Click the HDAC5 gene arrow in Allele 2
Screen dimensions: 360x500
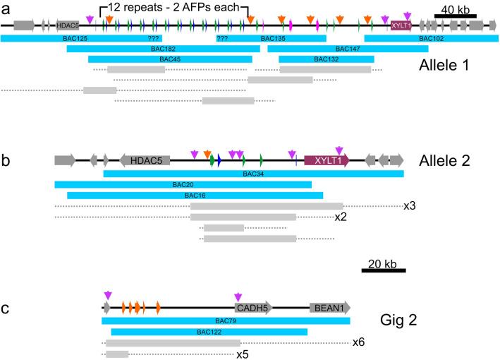[x=146, y=161]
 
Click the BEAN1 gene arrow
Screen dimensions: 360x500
[x=329, y=308]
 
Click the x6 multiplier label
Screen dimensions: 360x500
[x=359, y=343]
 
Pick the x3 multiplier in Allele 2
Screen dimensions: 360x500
[x=410, y=206]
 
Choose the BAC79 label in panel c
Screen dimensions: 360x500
[x=226, y=320]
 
